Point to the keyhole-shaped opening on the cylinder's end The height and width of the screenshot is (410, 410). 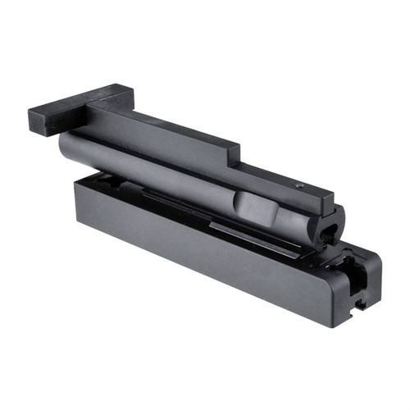330,227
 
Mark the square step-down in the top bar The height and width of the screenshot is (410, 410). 236,156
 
